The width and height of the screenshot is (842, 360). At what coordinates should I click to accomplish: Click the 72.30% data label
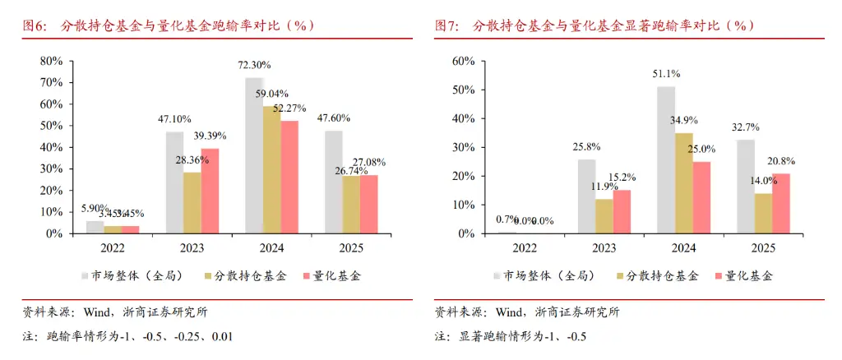click(255, 65)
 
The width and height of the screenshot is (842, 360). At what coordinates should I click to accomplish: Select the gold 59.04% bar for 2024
click(271, 170)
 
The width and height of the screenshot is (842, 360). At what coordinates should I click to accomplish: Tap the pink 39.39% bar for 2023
click(210, 192)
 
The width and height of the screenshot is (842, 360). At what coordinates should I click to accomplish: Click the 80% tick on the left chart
click(51, 61)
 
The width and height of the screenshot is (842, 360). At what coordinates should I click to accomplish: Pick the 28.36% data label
click(192, 159)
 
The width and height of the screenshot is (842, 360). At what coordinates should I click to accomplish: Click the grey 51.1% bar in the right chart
click(666, 160)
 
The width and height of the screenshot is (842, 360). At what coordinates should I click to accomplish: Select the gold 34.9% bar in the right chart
click(683, 183)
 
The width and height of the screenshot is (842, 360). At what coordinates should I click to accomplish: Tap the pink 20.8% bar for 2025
click(780, 204)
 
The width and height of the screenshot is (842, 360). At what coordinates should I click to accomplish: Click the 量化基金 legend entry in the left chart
click(333, 276)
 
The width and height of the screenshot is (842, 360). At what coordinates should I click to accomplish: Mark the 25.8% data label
click(586, 146)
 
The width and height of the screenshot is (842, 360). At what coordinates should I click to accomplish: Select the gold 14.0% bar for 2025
click(762, 214)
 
